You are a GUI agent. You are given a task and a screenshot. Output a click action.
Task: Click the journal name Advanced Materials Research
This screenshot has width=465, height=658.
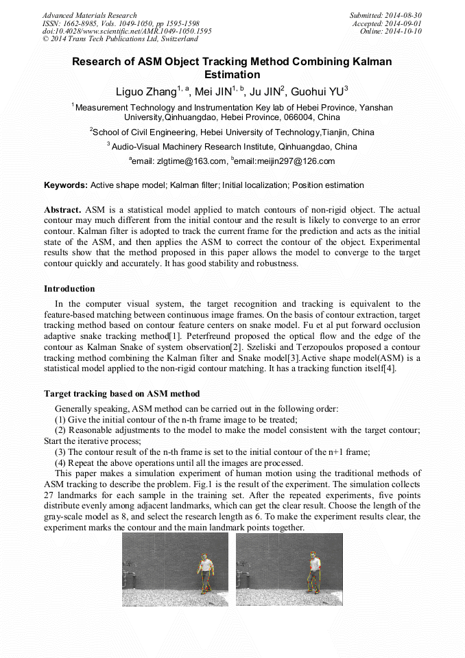(89, 15)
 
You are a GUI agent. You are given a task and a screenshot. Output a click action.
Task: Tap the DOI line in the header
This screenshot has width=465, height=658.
(127, 31)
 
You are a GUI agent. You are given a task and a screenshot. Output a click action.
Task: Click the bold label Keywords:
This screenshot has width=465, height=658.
(66, 185)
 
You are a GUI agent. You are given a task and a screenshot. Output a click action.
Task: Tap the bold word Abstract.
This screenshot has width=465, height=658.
(62, 209)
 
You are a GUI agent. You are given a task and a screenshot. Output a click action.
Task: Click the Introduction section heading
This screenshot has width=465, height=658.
(69, 289)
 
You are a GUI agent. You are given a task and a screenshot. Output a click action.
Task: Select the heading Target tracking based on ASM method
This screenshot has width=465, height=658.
(121, 394)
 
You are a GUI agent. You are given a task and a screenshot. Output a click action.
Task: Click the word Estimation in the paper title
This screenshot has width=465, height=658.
(232, 74)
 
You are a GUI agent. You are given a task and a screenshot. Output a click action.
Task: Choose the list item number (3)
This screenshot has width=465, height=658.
(60, 452)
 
